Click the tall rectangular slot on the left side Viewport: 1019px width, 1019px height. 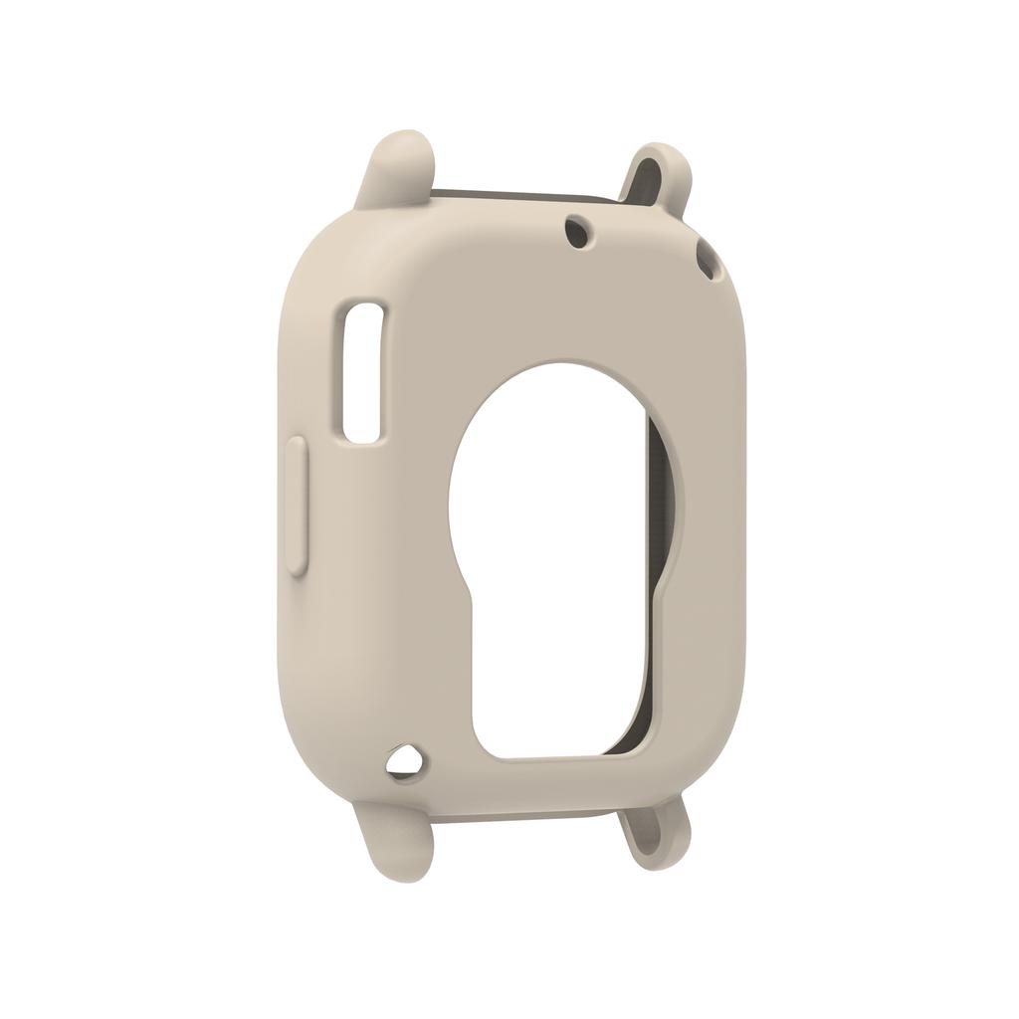click(362, 371)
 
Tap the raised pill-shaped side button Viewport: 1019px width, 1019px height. click(297, 506)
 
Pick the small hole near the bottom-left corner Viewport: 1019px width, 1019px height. click(404, 762)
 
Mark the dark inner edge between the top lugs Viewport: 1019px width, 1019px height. click(527, 194)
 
